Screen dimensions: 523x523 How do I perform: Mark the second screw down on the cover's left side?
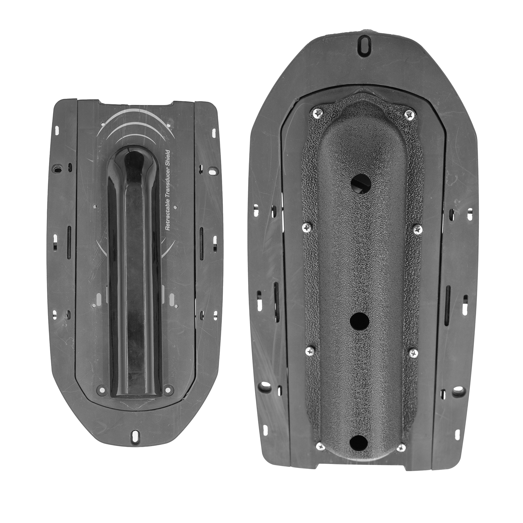307,228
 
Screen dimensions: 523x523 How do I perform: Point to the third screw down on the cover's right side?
413,353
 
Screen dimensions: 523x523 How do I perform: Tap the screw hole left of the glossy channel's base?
102,389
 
